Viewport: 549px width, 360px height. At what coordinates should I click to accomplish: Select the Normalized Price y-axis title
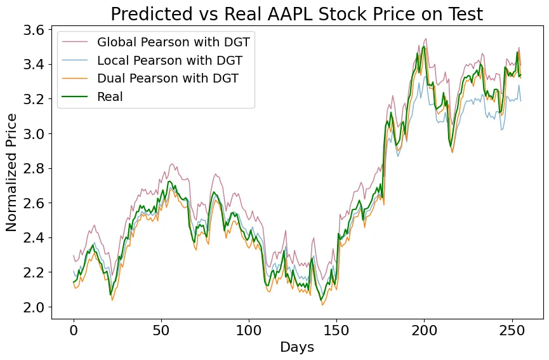pos(12,173)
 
